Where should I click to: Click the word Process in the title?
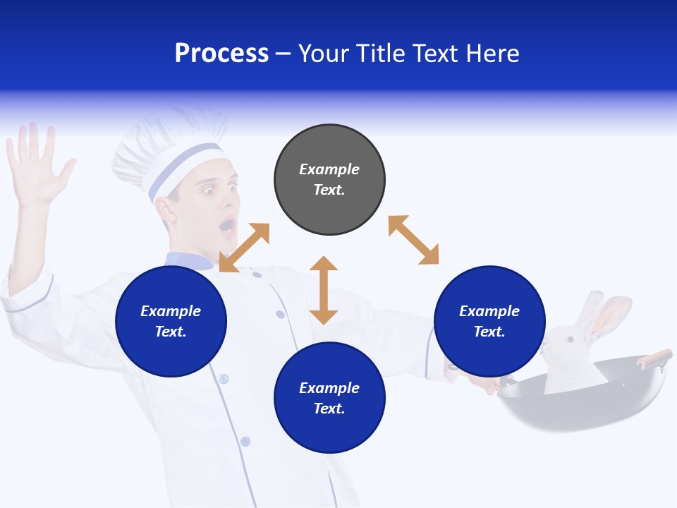tap(221, 54)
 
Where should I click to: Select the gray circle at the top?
tap(329, 180)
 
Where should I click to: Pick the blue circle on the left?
tap(171, 321)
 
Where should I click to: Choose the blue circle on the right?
tap(489, 321)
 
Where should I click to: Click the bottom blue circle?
tap(329, 398)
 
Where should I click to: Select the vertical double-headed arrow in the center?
tap(324, 290)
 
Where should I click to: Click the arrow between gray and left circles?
tap(245, 247)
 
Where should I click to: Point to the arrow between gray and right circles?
tap(413, 240)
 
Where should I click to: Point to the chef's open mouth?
tap(227, 226)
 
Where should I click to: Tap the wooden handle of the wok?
tap(654, 358)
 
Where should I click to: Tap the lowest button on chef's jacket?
tap(245, 442)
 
